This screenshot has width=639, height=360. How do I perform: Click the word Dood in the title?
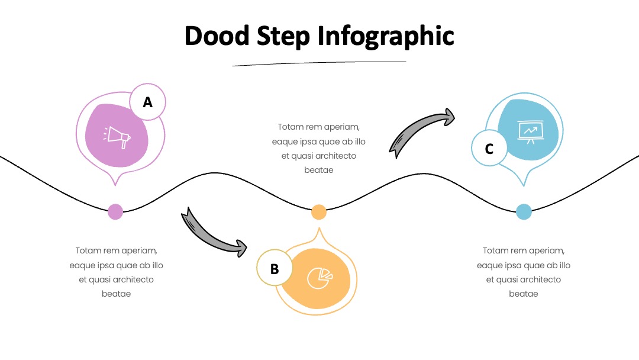[217, 36]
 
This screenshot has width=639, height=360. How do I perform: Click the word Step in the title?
[283, 36]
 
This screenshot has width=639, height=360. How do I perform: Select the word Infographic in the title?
[386, 36]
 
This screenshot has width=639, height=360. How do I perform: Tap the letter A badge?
[147, 102]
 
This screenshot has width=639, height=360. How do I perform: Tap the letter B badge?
[275, 268]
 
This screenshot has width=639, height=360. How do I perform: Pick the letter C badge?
[489, 148]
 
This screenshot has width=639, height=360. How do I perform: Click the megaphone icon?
[117, 137]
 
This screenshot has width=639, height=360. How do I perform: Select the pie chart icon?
[319, 278]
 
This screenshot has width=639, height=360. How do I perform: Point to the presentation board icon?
[530, 132]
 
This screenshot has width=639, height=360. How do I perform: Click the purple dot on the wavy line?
[115, 212]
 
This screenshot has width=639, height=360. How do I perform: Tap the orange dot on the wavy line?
[319, 212]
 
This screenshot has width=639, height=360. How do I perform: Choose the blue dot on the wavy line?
[524, 212]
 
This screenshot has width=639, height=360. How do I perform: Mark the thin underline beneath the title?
[319, 63]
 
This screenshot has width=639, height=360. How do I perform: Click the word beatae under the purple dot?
[116, 294]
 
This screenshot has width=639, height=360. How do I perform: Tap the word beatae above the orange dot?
[319, 170]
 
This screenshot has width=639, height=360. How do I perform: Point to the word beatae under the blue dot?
[523, 294]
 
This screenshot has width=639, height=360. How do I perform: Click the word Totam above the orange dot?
[291, 127]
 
